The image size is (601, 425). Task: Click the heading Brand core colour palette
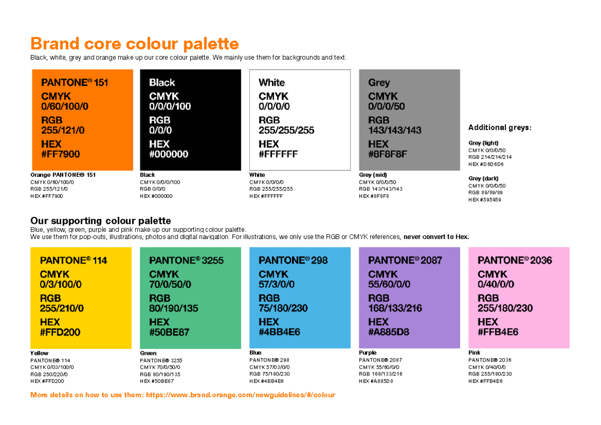pyautogui.click(x=134, y=44)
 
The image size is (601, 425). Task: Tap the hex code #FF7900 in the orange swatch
pyautogui.click(x=60, y=154)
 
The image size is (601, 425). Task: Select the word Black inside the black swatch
pyautogui.click(x=162, y=83)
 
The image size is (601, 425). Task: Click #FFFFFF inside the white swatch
pyautogui.click(x=278, y=154)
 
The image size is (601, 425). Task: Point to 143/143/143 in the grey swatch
pyautogui.click(x=395, y=130)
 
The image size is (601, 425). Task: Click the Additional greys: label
pyautogui.click(x=499, y=128)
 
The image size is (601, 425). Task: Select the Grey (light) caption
pyautogui.click(x=483, y=143)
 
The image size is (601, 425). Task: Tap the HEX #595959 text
pyautogui.click(x=485, y=200)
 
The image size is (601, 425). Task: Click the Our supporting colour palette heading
pyautogui.click(x=101, y=221)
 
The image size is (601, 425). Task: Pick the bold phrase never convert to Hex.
pyautogui.click(x=436, y=237)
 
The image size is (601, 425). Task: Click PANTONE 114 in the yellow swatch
pyautogui.click(x=73, y=260)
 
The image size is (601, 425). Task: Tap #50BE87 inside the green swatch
pyautogui.click(x=169, y=332)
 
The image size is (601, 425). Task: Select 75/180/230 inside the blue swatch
pyautogui.click(x=283, y=308)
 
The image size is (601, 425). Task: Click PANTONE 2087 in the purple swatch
pyautogui.click(x=405, y=260)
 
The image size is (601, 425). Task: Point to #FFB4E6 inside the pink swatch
pyautogui.click(x=498, y=332)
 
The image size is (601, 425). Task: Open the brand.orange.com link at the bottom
pyautogui.click(x=240, y=395)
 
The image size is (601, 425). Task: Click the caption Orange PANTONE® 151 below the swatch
pyautogui.click(x=63, y=175)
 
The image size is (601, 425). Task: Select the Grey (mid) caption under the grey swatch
pyautogui.click(x=373, y=175)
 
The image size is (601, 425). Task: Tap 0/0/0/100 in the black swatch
pyautogui.click(x=170, y=106)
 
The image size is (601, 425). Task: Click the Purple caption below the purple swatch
pyautogui.click(x=368, y=353)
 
